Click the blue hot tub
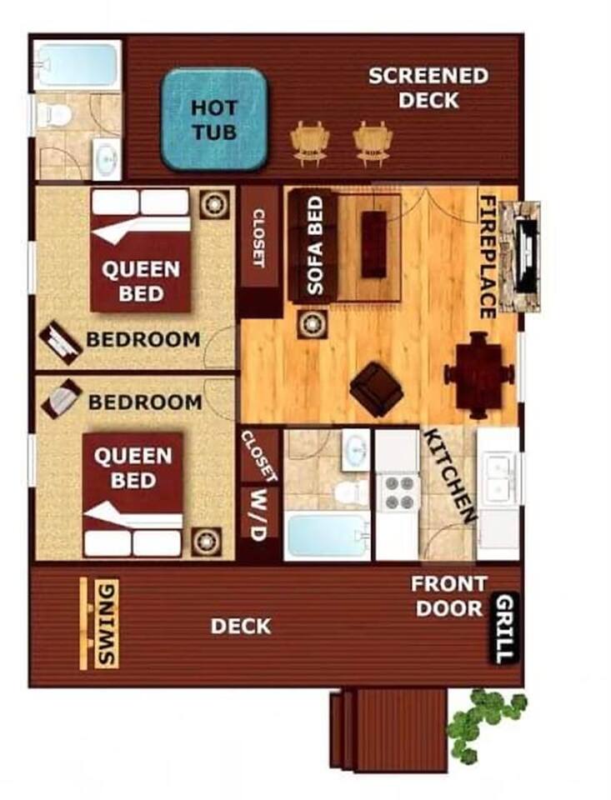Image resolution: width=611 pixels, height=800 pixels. click(214, 119)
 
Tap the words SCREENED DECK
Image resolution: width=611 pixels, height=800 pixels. click(428, 87)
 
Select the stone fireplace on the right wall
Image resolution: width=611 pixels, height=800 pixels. click(519, 256)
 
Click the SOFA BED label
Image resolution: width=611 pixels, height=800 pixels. click(316, 246)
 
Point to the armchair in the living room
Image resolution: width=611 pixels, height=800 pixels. click(376, 389)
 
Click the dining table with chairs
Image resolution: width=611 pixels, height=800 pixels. click(478, 374)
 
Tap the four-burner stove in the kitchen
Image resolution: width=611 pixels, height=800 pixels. click(399, 492)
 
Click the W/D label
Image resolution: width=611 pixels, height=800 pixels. click(258, 514)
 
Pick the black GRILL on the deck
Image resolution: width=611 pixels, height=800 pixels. click(505, 628)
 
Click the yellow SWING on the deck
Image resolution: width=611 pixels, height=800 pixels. click(99, 623)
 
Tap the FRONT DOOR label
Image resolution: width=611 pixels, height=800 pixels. click(449, 596)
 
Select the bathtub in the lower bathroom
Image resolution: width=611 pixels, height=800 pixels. click(327, 535)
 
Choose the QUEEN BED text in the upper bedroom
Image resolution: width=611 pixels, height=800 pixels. click(141, 281)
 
